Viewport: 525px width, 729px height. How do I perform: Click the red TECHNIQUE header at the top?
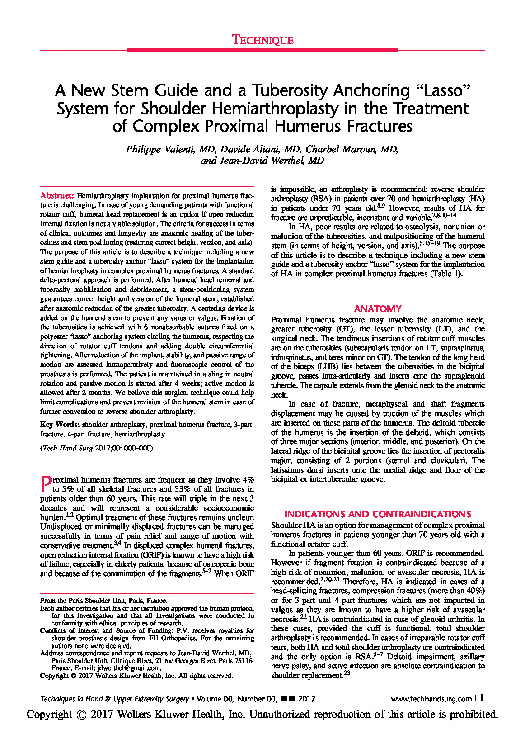click(262, 40)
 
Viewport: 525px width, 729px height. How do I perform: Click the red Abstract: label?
click(57, 196)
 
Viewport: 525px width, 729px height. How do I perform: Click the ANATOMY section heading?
click(378, 309)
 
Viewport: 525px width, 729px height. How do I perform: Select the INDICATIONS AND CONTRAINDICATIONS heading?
click(378, 514)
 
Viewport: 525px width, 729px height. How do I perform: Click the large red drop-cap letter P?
click(46, 484)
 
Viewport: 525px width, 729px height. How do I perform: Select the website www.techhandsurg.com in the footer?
click(431, 699)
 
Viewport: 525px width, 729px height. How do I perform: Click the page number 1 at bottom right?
click(482, 698)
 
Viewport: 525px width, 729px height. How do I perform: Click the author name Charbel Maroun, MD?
click(352, 150)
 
